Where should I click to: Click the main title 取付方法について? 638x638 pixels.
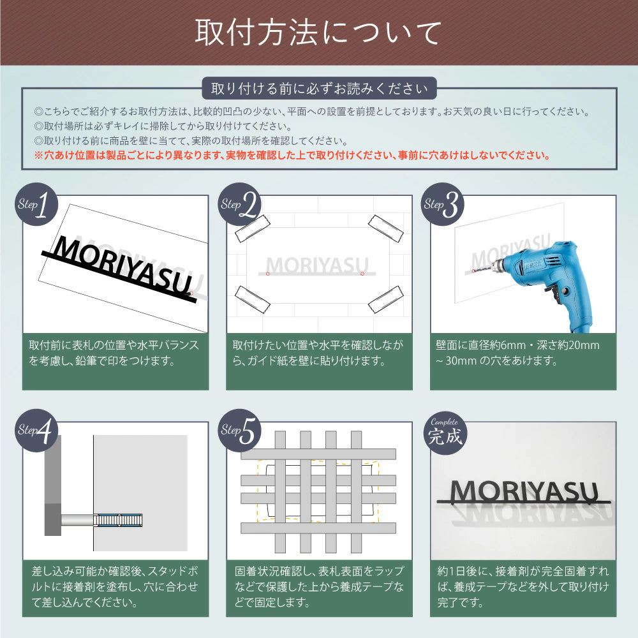point(318,33)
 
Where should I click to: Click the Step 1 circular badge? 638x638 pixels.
point(36,205)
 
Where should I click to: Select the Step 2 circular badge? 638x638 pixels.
point(240,205)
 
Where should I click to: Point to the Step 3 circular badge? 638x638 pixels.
point(443,205)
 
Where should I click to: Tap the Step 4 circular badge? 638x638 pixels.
point(36,431)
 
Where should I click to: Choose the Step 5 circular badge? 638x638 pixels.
point(240,431)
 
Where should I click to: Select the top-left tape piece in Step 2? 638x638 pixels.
point(253,228)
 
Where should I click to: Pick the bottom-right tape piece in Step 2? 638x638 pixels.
point(385,299)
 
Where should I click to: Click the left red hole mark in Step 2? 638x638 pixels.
point(267,274)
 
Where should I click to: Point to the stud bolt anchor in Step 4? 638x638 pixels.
point(118,520)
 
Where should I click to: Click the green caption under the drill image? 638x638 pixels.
point(523,360)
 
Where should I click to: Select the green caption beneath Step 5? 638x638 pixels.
point(320,586)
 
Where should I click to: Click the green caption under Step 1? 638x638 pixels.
point(115,360)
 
